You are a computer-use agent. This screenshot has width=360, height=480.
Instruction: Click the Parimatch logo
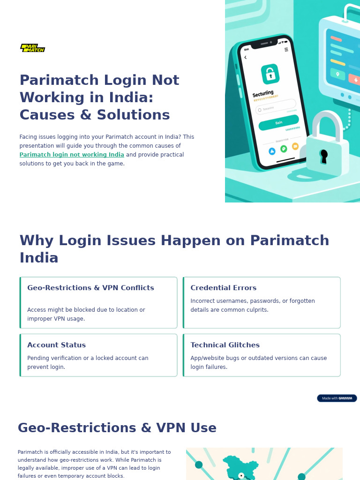pos(33,48)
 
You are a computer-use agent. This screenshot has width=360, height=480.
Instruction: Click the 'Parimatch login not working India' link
pos(72,155)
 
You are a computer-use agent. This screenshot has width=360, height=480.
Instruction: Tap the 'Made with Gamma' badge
pos(337,398)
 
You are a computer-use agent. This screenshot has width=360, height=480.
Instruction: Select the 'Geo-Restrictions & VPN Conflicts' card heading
pos(90,288)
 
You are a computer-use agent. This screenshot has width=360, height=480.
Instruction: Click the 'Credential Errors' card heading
pos(223,288)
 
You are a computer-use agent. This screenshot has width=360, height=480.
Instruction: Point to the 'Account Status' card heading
pos(56,345)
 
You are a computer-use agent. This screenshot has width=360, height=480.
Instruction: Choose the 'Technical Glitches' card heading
pos(225,345)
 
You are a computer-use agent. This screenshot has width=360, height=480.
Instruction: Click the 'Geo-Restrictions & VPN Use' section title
pos(117,428)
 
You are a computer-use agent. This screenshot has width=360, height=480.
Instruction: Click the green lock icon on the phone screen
pos(270,74)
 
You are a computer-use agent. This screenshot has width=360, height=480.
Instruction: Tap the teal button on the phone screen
pos(278,122)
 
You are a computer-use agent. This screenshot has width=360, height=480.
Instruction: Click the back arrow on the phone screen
pos(245,58)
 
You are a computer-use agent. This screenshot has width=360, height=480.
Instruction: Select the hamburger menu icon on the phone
pos(286,50)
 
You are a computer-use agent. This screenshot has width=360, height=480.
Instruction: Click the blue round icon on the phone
pos(272,151)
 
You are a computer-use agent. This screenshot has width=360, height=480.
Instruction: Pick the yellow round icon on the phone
pos(295,146)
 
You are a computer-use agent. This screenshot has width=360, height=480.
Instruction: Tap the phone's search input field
pos(276,107)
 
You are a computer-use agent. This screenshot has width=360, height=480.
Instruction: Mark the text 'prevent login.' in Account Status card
pos(46,367)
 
